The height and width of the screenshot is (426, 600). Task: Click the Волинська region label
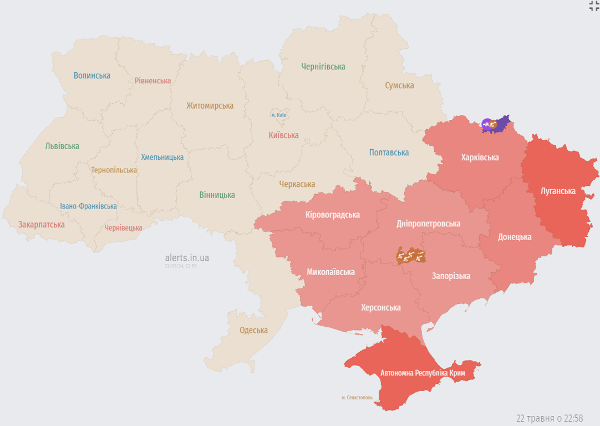pyautogui.click(x=91, y=75)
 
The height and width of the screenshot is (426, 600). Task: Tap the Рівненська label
pyautogui.click(x=152, y=80)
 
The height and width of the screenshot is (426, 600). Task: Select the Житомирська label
pyautogui.click(x=210, y=105)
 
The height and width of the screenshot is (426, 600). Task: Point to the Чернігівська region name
pyautogui.click(x=323, y=67)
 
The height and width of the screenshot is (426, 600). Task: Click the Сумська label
pyautogui.click(x=399, y=85)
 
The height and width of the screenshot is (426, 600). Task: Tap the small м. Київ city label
pyautogui.click(x=278, y=115)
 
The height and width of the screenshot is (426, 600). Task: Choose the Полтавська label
pyautogui.click(x=389, y=153)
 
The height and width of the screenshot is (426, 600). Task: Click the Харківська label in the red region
pyautogui.click(x=480, y=157)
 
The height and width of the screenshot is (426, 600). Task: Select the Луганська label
pyautogui.click(x=558, y=191)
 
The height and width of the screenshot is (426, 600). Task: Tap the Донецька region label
pyautogui.click(x=514, y=237)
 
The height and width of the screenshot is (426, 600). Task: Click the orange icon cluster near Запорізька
pyautogui.click(x=411, y=256)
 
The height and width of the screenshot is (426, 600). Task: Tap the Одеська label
pyautogui.click(x=253, y=330)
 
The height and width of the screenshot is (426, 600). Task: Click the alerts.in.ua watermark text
pyautogui.click(x=187, y=258)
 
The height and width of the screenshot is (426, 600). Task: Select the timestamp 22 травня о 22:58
pyautogui.click(x=549, y=418)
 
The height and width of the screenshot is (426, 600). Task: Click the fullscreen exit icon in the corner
pyautogui.click(x=594, y=6)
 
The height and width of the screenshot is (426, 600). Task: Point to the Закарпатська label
pyautogui.click(x=42, y=225)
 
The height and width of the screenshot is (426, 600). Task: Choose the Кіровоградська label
pyautogui.click(x=332, y=215)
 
